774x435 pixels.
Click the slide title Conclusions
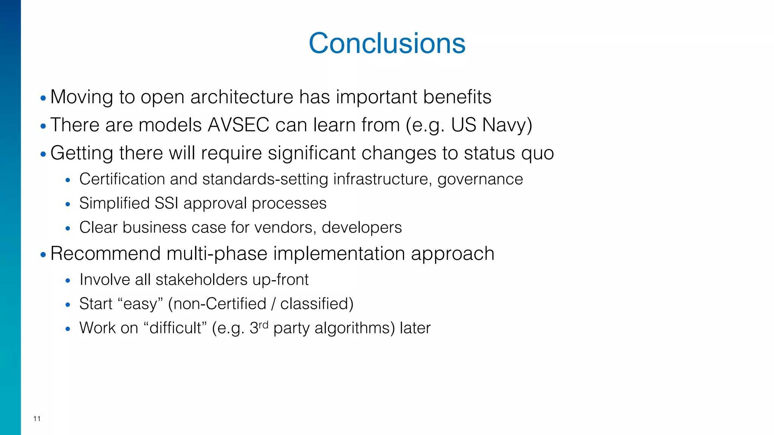[x=387, y=43]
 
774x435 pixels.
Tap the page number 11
[x=37, y=418]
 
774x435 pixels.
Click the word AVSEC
[x=238, y=125]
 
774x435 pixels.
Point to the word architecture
[x=241, y=97]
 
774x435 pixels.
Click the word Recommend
[x=105, y=253]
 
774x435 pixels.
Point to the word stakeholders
[x=201, y=280]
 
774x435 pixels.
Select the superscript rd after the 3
[x=263, y=324]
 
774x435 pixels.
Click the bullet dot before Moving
[x=43, y=98]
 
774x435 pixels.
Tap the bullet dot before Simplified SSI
[x=68, y=205]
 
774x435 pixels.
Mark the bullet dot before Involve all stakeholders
[x=68, y=281]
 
